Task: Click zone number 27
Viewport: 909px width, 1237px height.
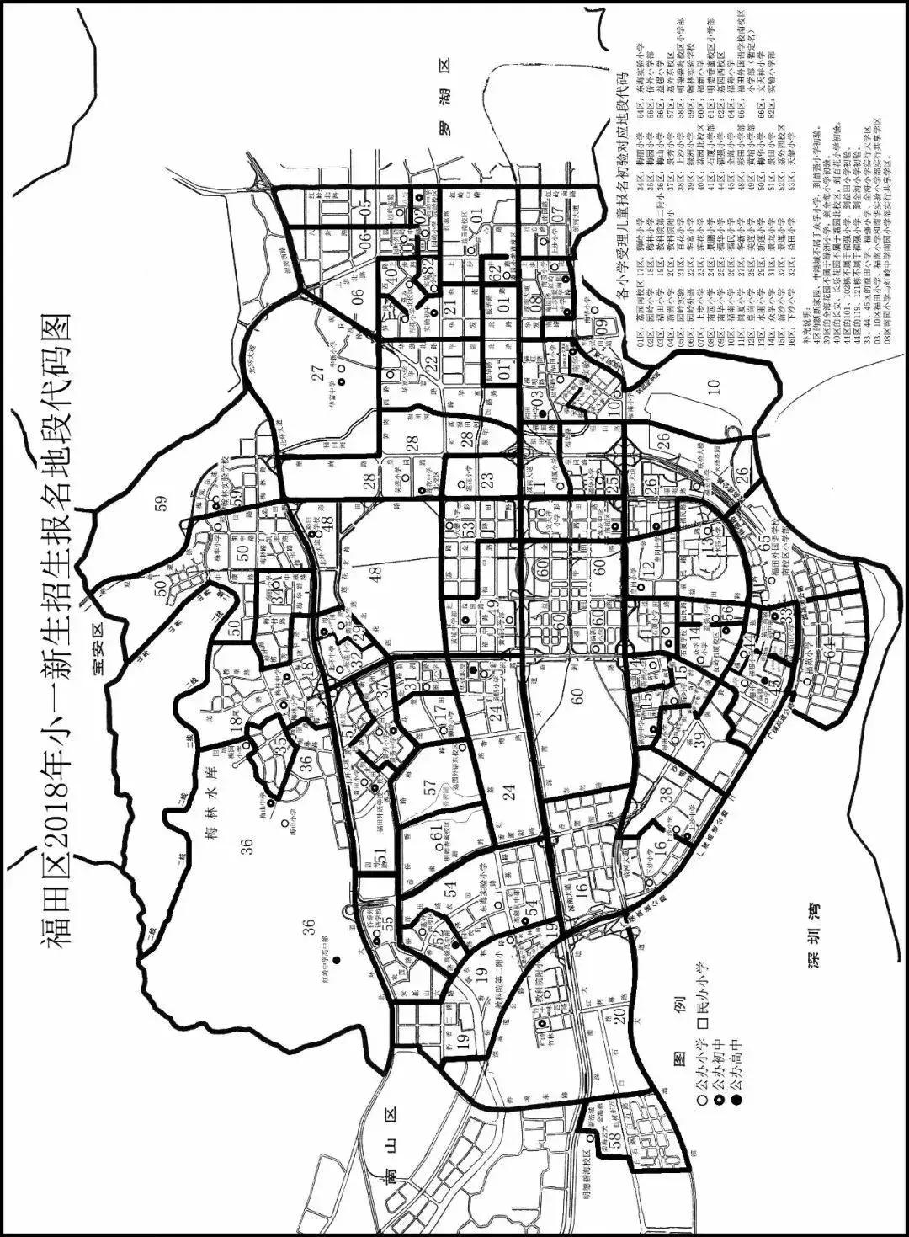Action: pos(318,375)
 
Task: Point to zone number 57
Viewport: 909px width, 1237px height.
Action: pos(432,789)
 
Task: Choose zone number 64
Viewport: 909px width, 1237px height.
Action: pos(832,656)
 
